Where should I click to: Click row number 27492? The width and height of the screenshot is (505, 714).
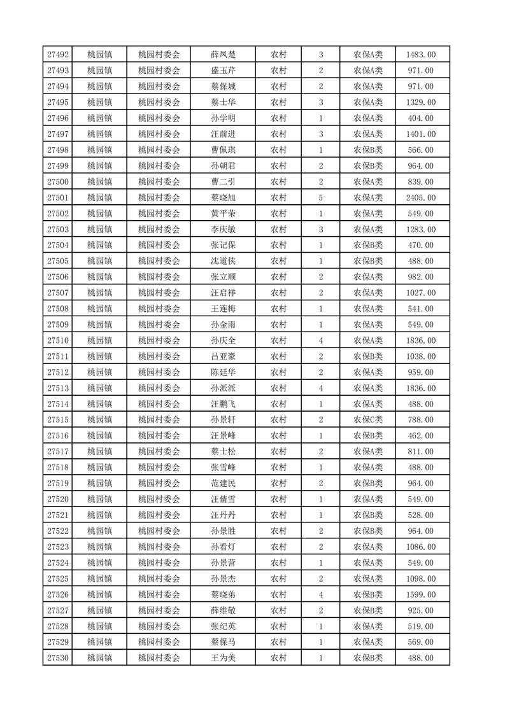point(58,55)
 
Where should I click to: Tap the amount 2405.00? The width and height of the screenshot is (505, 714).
point(421,198)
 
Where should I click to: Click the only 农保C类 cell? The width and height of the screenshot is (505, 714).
point(368,420)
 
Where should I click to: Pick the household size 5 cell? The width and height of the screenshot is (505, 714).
point(320,198)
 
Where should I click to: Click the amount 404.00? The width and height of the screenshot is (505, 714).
point(421,118)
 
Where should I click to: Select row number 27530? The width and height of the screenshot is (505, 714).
point(58,658)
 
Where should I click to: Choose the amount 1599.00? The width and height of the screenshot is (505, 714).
point(421,594)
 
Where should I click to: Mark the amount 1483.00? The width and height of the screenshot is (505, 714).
point(421,55)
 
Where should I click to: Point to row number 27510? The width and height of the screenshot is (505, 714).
point(58,340)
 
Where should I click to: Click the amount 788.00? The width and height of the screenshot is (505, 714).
point(421,420)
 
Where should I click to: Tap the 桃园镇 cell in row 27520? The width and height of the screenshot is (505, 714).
point(100,500)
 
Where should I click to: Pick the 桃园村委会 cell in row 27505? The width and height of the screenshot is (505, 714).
point(159,261)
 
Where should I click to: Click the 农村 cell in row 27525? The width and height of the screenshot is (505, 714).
point(278,578)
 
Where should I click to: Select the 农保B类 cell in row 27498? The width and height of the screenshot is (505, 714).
point(368,150)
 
